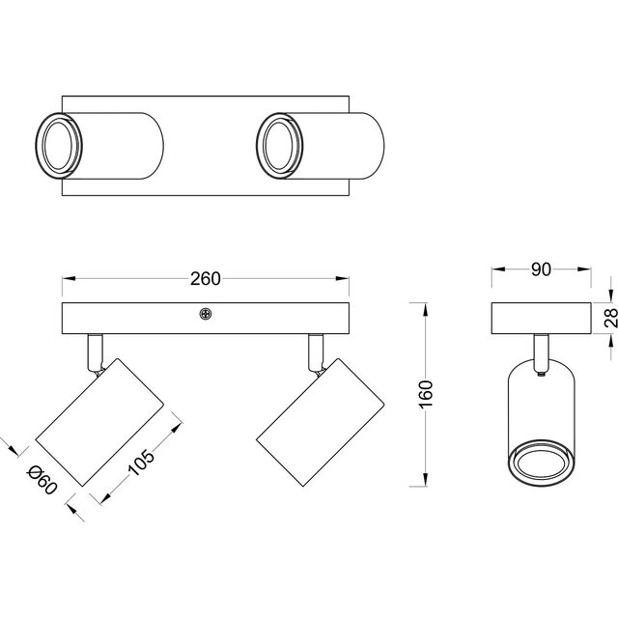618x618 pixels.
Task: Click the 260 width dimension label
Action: (x=205, y=280)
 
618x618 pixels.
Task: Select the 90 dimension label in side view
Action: (x=540, y=270)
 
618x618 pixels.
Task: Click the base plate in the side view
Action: (x=540, y=318)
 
